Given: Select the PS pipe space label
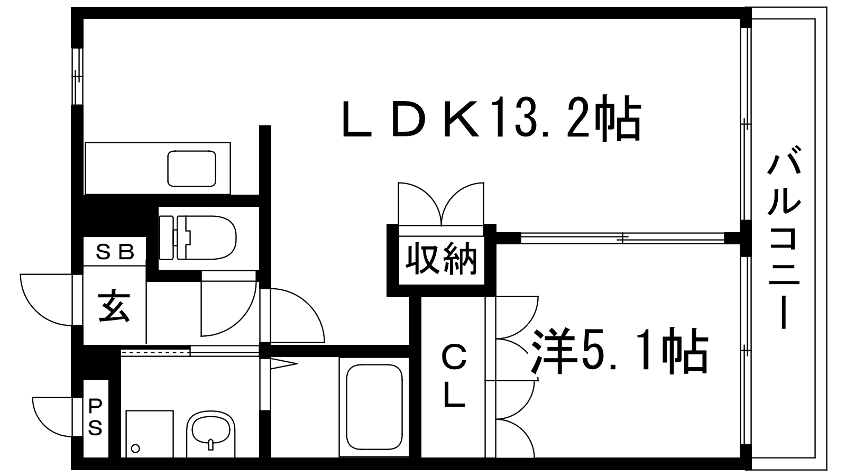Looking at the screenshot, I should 95,416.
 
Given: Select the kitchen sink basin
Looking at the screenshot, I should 191,168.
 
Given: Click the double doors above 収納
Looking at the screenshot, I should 441,204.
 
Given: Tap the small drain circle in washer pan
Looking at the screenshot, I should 135,448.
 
